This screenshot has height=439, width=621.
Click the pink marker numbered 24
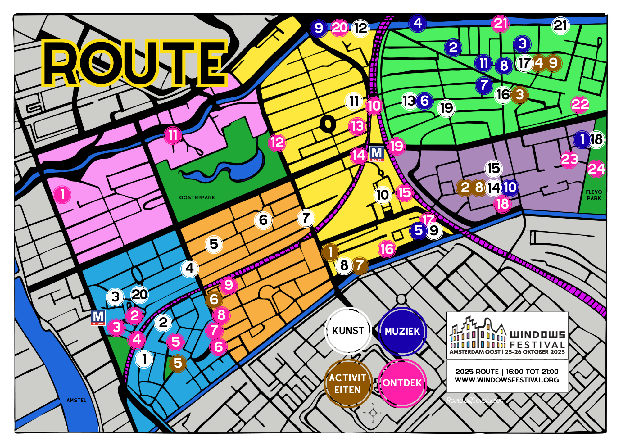point(596,169)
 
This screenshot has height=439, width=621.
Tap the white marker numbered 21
point(560,25)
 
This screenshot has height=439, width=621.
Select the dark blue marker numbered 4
point(418,23)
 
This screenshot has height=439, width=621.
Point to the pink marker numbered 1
point(62,194)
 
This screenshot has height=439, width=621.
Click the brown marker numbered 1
point(330,252)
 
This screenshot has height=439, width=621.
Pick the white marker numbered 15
point(493,169)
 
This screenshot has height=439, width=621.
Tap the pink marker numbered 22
point(580,104)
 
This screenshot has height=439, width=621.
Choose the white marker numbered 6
point(263,220)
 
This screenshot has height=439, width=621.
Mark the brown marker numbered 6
point(214,299)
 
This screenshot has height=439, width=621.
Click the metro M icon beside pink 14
point(377,154)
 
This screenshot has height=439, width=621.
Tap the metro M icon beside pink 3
point(98,317)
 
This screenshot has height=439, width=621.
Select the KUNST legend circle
point(348,331)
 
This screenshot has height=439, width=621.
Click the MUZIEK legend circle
point(402,331)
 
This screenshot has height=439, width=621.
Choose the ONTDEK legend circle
point(402,383)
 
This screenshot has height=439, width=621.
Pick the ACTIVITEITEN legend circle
point(348,384)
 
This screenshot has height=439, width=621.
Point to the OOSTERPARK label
point(197,197)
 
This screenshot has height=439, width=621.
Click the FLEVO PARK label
point(594,195)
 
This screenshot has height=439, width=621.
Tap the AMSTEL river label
point(76,400)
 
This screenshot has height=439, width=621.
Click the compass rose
point(373,413)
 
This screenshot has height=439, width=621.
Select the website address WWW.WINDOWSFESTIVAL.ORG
point(507,380)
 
